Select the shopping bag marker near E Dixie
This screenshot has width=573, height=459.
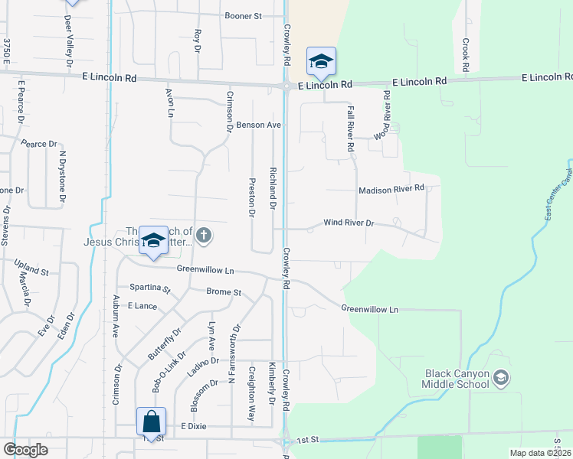tap(151, 422)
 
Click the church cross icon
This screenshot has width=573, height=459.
tap(203, 235)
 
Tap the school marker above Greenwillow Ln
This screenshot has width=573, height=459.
tap(153, 240)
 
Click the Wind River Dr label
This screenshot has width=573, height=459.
tap(348, 223)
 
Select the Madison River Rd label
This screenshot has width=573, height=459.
tap(391, 188)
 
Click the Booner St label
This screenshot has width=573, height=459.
tap(243, 15)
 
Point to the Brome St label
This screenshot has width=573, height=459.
tap(224, 292)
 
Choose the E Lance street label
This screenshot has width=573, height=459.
tap(142, 305)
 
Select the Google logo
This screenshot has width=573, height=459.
tap(25, 450)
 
